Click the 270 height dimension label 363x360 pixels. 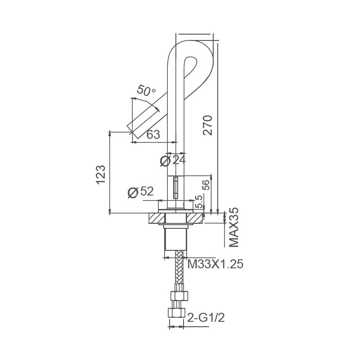pos(207,125)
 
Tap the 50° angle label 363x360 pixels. pos(146,90)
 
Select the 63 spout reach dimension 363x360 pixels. pos(153,134)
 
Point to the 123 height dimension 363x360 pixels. pos(101,175)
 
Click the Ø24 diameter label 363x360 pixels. pos(173,160)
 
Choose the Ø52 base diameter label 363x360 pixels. pos(140,192)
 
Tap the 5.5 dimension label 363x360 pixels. pos(199,202)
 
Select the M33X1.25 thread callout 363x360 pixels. pos(215,264)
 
